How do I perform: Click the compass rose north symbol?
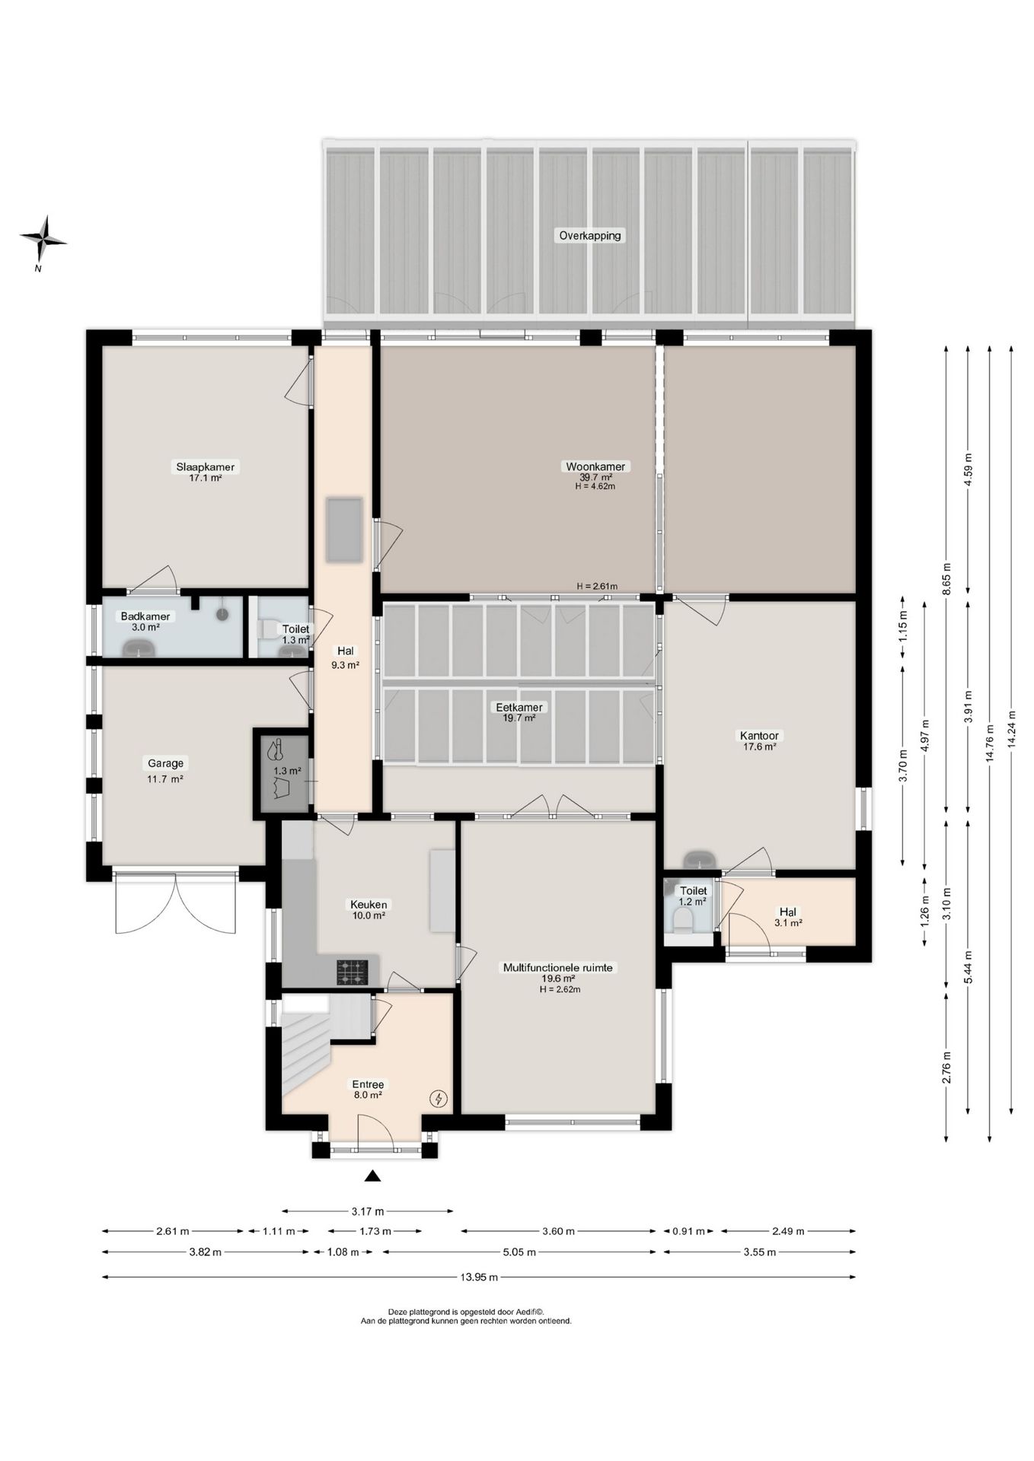tap(43, 238)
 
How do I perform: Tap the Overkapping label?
tap(590, 235)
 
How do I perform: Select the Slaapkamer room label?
tap(206, 466)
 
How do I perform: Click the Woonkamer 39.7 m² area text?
tap(595, 477)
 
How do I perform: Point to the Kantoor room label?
tap(759, 735)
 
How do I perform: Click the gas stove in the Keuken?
tap(353, 972)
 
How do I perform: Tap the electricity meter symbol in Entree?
tap(439, 1098)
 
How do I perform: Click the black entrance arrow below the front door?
tap(372, 1176)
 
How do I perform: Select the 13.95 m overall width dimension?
tap(479, 1277)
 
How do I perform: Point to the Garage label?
tap(166, 762)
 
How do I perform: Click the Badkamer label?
tap(145, 616)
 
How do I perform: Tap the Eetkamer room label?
tap(519, 707)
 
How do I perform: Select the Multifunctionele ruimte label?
tap(558, 968)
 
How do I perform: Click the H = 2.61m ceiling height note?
tap(597, 586)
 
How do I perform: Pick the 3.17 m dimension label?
tap(368, 1211)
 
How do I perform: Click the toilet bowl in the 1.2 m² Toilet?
tap(683, 921)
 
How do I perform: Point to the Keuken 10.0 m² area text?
tap(369, 915)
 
